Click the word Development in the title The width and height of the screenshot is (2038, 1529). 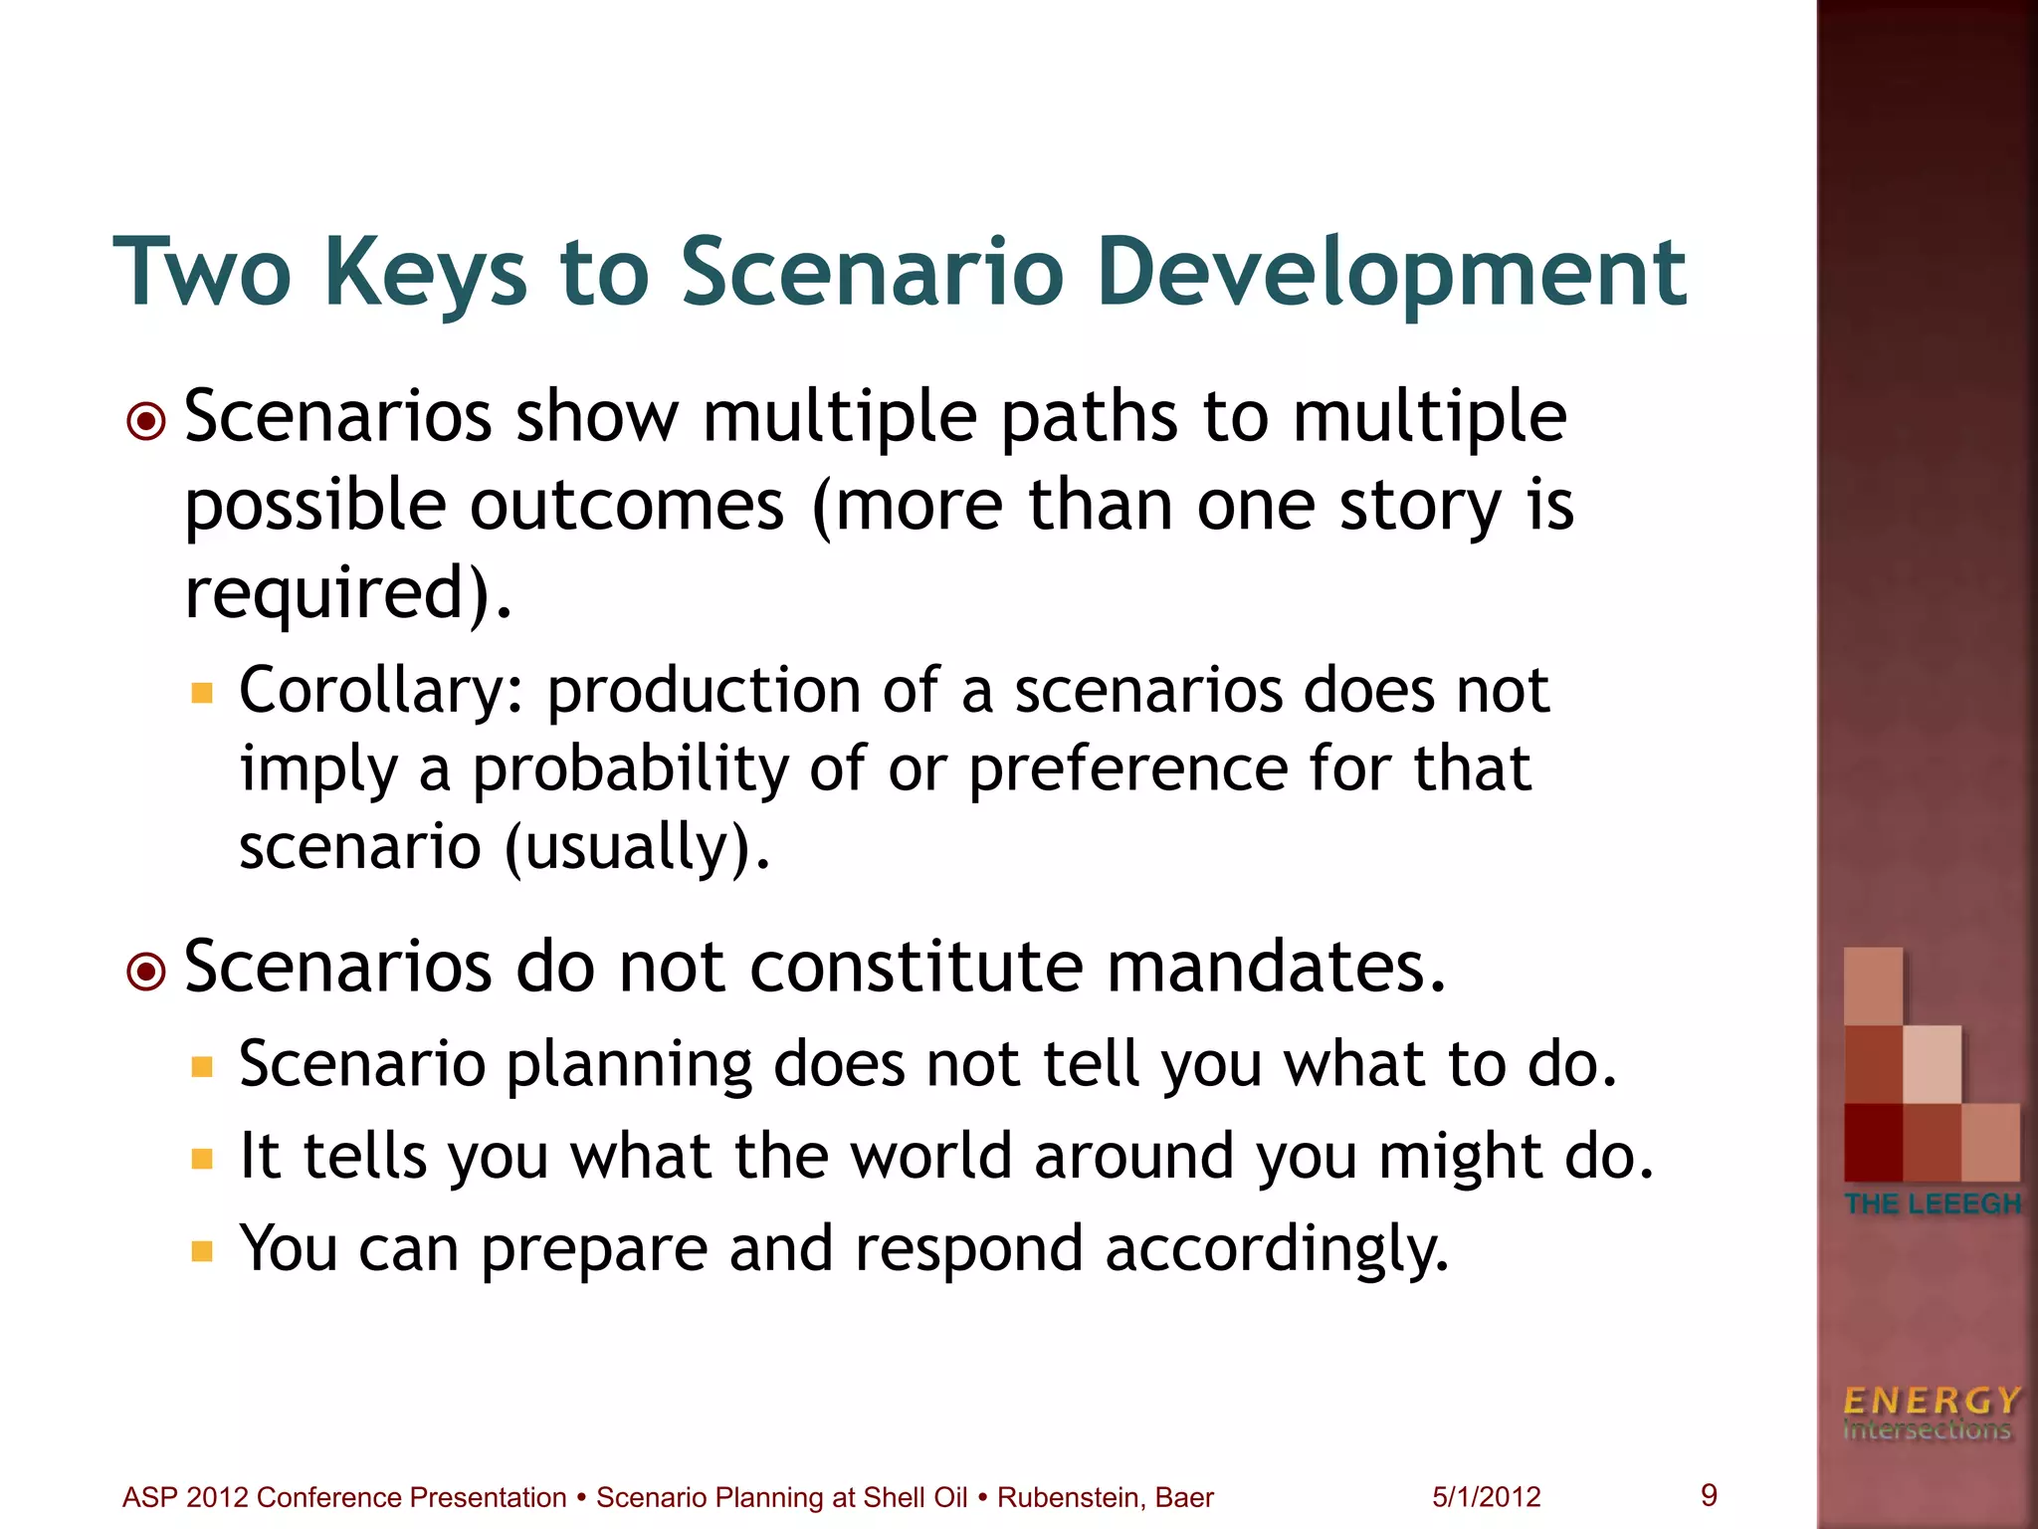click(x=1391, y=273)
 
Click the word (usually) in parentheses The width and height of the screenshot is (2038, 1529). click(x=637, y=847)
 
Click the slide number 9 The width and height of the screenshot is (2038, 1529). click(x=1709, y=1495)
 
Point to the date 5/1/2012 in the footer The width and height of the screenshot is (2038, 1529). click(x=1486, y=1497)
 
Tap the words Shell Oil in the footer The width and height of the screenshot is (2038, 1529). click(x=915, y=1497)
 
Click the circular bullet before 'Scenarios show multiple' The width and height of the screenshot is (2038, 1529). click(x=146, y=421)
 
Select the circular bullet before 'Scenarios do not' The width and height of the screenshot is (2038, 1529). click(x=146, y=972)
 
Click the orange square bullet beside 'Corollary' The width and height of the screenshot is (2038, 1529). click(x=203, y=693)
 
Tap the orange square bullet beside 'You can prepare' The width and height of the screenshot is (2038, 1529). click(x=203, y=1250)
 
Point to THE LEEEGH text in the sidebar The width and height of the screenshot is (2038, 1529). click(x=1932, y=1203)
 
